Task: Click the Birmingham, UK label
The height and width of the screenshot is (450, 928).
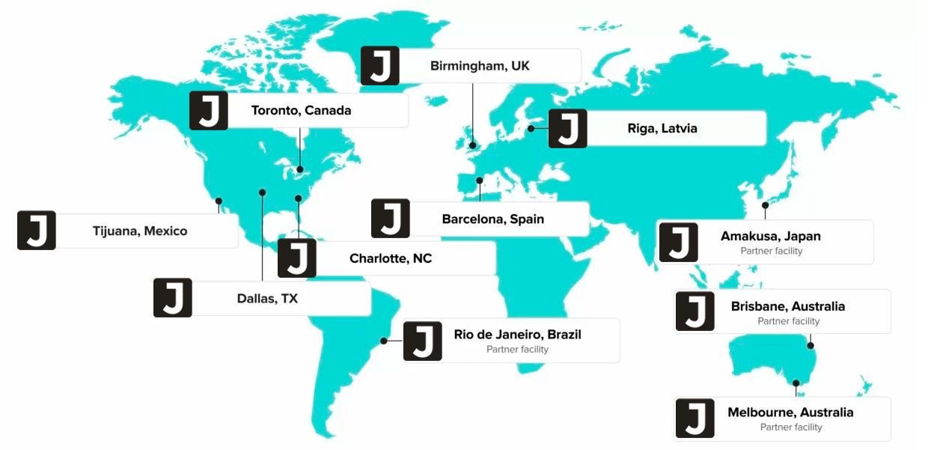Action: click(x=480, y=66)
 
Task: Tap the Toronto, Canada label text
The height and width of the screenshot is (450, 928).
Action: click(x=301, y=111)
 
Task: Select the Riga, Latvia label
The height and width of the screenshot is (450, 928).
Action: click(x=662, y=129)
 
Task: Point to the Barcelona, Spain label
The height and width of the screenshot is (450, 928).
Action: click(x=492, y=219)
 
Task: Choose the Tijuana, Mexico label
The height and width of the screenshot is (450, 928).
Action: click(x=140, y=231)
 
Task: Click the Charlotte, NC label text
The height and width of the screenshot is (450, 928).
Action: click(x=391, y=259)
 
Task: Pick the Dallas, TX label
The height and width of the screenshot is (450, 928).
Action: click(x=267, y=299)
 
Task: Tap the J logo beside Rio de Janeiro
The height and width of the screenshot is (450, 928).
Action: click(x=422, y=341)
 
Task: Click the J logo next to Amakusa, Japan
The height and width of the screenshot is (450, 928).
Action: click(x=678, y=243)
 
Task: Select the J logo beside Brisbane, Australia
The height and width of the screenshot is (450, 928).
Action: click(x=695, y=311)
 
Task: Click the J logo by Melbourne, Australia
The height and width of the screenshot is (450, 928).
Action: click(x=695, y=418)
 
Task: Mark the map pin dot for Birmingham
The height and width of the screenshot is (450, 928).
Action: click(x=473, y=146)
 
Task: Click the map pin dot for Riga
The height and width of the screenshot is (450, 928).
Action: click(x=531, y=129)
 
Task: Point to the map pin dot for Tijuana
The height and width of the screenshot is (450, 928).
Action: click(x=219, y=201)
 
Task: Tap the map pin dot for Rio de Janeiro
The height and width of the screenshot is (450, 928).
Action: click(x=383, y=341)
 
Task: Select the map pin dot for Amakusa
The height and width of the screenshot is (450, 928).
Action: click(x=765, y=205)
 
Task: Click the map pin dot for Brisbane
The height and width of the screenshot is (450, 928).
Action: click(x=811, y=346)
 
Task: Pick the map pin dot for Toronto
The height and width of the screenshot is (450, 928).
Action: click(x=300, y=169)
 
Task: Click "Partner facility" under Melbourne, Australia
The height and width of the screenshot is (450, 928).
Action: click(x=791, y=428)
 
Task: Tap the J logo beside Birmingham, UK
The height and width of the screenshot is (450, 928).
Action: click(x=379, y=66)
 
